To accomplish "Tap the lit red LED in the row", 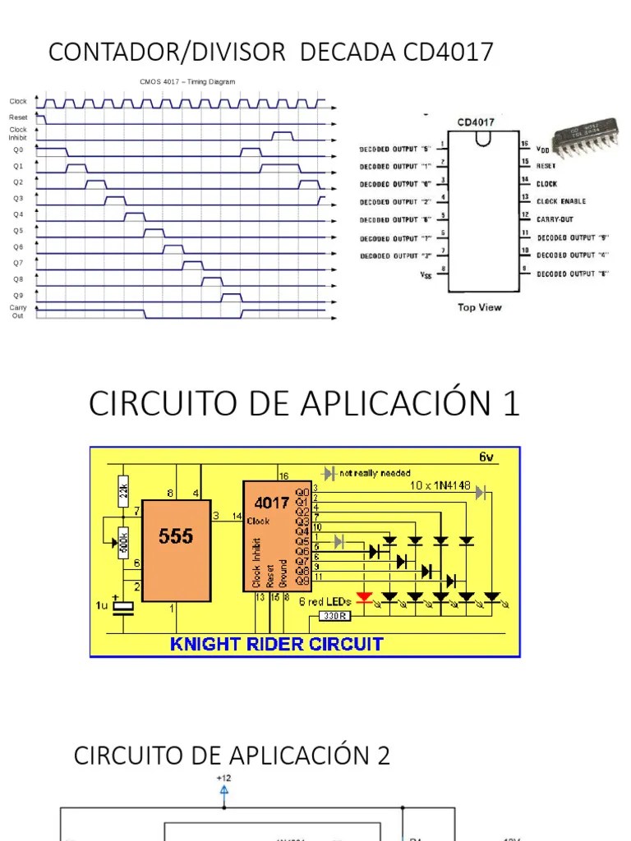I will (x=364, y=596).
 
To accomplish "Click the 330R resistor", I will (x=334, y=615).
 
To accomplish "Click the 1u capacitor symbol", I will (x=123, y=607).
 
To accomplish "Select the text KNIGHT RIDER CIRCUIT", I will (x=276, y=644).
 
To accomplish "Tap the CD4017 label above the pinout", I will (x=476, y=122).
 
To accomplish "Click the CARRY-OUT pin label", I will (x=555, y=219).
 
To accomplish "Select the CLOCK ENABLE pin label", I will (x=561, y=201).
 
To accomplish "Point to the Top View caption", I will (x=479, y=307).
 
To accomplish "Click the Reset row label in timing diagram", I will (x=18, y=117).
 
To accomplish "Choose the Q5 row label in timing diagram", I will (x=18, y=231).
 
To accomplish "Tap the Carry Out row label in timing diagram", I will (x=18, y=311).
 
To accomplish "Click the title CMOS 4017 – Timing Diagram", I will (x=187, y=82).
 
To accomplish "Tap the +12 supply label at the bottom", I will (x=223, y=778).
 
